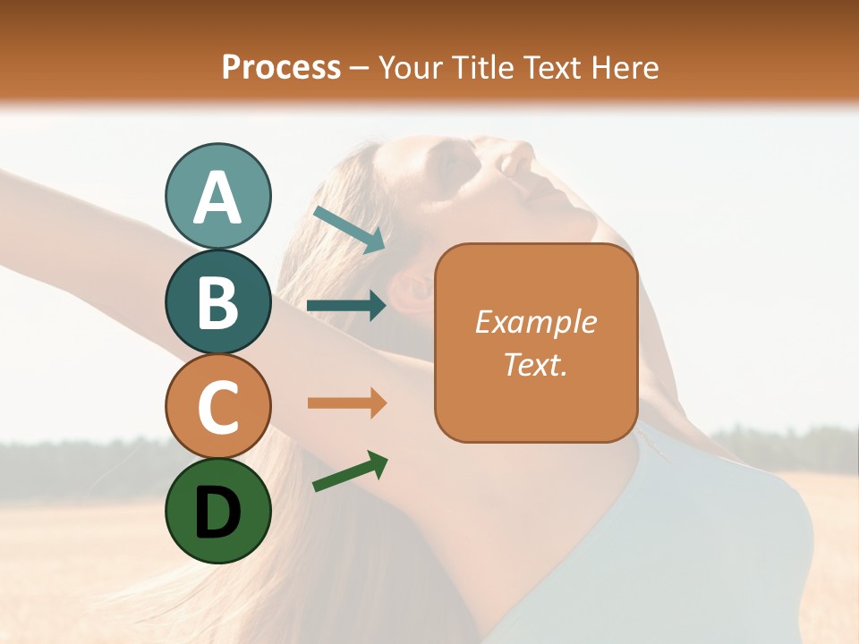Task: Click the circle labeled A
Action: click(x=217, y=196)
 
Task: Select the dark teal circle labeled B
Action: click(x=217, y=301)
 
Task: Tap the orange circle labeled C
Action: click(x=217, y=406)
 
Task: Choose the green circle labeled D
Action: click(x=217, y=511)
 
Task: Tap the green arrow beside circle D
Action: click(x=350, y=471)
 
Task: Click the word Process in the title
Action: click(x=281, y=67)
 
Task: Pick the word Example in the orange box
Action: click(x=535, y=322)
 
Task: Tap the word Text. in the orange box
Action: click(x=535, y=364)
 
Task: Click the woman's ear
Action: click(x=413, y=289)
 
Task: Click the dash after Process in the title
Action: click(x=359, y=68)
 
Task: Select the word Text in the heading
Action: click(x=549, y=67)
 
